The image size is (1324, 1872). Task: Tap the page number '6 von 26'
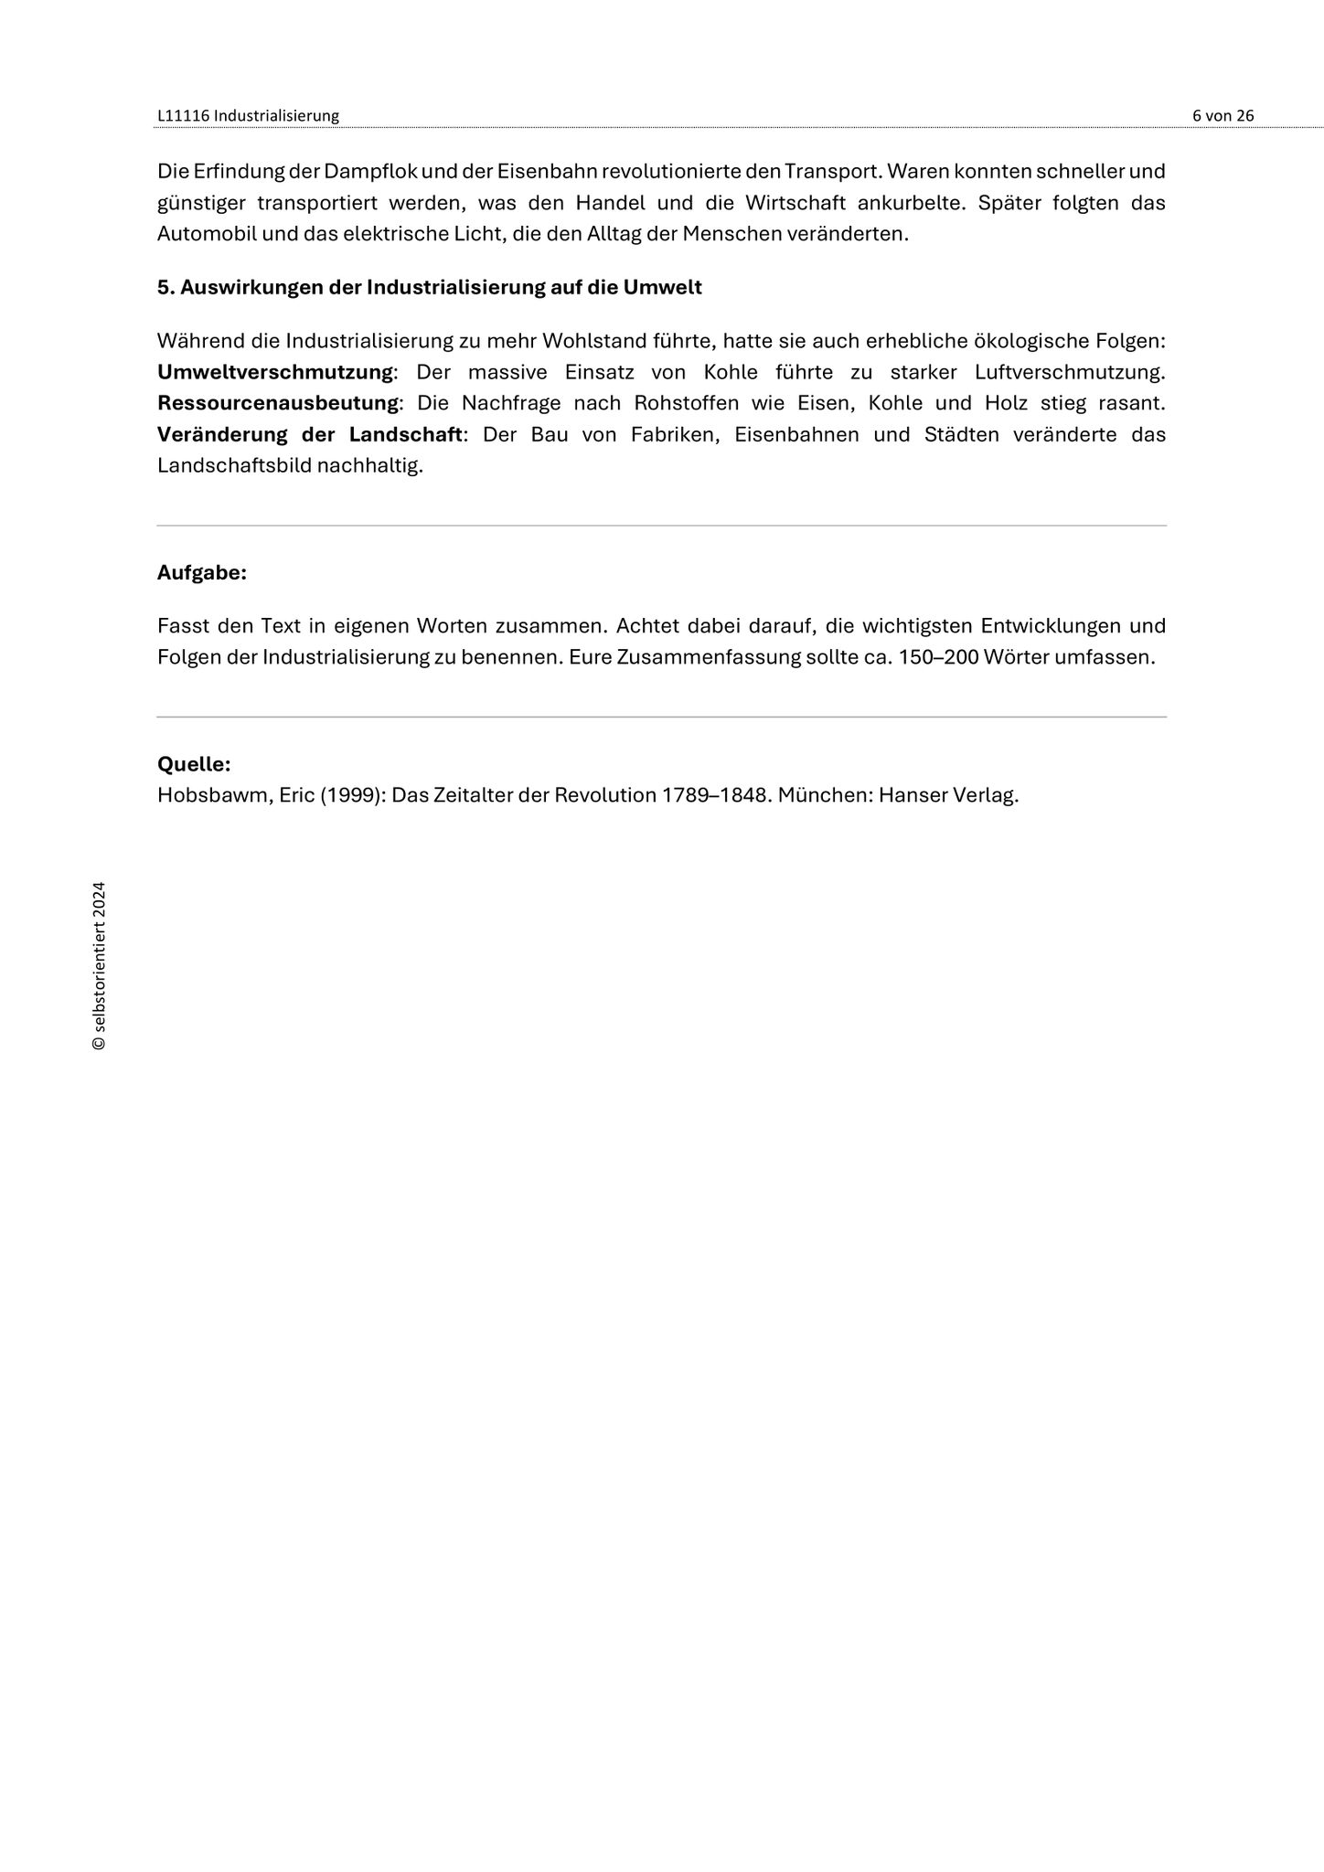click(1223, 115)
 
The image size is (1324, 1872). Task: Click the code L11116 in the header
click(183, 115)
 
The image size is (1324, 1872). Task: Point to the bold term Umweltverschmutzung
click(275, 372)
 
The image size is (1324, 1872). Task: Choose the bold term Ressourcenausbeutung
click(278, 403)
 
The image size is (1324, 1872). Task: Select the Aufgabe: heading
click(202, 573)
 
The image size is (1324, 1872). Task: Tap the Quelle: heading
click(194, 764)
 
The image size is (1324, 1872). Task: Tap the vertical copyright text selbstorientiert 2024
click(100, 965)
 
